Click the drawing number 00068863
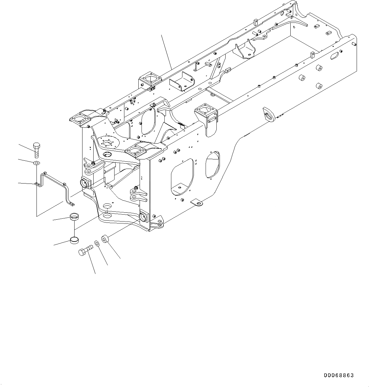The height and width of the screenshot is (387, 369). [x=339, y=376]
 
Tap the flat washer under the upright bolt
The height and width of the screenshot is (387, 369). [x=36, y=163]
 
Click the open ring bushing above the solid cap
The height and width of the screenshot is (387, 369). [x=74, y=217]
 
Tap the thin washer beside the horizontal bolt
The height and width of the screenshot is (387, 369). [x=96, y=244]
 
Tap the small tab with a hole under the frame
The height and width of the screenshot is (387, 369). [x=196, y=202]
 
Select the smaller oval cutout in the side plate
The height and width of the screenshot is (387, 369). [x=212, y=164]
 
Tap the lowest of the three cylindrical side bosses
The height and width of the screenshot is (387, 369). [x=319, y=86]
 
